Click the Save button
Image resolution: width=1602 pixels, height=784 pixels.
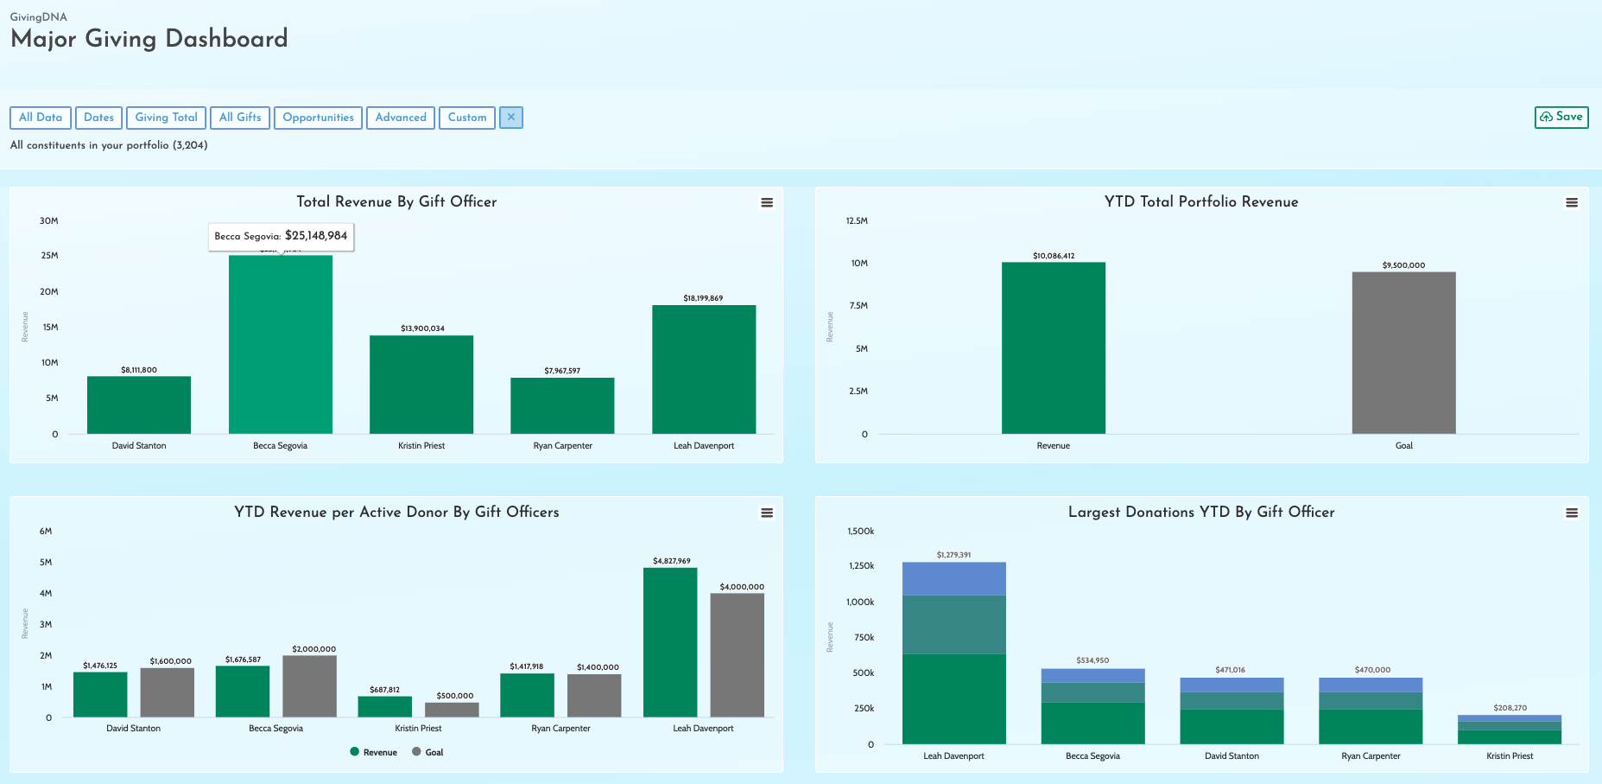1561,117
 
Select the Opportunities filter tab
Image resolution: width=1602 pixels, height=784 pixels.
318,118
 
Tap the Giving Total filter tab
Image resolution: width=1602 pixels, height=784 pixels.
166,118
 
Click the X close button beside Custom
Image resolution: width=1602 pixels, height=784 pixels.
511,118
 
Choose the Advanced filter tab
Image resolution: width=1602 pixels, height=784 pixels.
401,118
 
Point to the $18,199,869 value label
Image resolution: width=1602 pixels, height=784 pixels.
703,298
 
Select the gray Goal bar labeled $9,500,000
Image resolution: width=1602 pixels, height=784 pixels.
1404,353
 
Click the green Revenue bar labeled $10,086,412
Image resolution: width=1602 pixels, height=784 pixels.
1054,347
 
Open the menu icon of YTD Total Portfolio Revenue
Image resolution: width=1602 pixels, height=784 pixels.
1572,202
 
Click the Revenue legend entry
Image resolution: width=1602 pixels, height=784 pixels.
374,752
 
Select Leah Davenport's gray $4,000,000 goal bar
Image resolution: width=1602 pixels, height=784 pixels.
738,655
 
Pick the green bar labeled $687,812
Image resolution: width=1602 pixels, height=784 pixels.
385,706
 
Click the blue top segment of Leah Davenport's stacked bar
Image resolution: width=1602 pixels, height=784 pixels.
954,578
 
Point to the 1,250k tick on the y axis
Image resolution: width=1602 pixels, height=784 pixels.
861,565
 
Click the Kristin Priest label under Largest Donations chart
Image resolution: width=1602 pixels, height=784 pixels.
1510,756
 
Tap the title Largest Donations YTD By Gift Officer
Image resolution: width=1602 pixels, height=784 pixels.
1201,512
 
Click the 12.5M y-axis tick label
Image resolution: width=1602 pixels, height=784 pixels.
857,221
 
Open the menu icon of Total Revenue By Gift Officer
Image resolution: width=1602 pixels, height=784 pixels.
767,202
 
